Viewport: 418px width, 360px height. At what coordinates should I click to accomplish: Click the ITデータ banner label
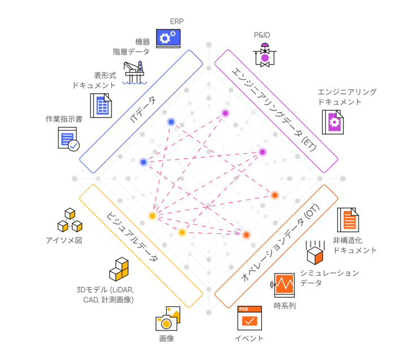(141, 110)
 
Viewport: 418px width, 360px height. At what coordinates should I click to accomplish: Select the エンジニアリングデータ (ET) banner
(276, 111)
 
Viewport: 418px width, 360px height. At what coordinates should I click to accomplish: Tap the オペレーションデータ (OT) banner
(276, 246)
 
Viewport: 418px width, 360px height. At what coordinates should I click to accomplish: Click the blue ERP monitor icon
(169, 38)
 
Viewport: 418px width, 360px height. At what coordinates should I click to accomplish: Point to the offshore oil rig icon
(135, 72)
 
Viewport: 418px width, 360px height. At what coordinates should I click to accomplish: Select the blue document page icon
(101, 106)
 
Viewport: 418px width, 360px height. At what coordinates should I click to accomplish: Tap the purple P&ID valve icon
(265, 55)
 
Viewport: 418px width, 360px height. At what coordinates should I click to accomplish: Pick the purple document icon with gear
(333, 122)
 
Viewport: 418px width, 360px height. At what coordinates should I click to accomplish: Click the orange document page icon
(348, 219)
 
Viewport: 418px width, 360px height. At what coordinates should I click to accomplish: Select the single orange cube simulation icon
(314, 253)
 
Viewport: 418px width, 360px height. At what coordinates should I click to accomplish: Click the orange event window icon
(249, 318)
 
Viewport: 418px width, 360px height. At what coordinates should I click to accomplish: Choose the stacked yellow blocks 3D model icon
(119, 270)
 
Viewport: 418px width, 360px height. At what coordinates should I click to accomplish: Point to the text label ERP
(173, 21)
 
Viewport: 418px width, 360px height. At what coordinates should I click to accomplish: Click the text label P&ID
(262, 35)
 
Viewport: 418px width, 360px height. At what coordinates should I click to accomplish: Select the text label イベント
(249, 339)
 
